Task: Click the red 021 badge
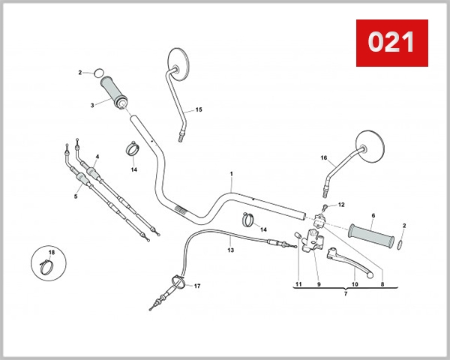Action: click(x=391, y=43)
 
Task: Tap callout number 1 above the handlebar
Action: click(x=231, y=174)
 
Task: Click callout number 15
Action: click(x=199, y=110)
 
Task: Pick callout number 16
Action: click(x=324, y=158)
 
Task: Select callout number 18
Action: click(x=51, y=252)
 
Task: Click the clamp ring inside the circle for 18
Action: click(x=46, y=264)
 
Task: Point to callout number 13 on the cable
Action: click(x=231, y=250)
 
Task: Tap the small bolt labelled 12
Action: click(x=325, y=206)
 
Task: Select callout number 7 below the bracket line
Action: click(x=345, y=294)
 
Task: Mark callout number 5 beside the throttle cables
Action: click(x=76, y=196)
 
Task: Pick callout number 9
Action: click(x=319, y=284)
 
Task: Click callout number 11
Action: click(x=298, y=284)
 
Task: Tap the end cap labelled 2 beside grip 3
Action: click(x=97, y=73)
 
